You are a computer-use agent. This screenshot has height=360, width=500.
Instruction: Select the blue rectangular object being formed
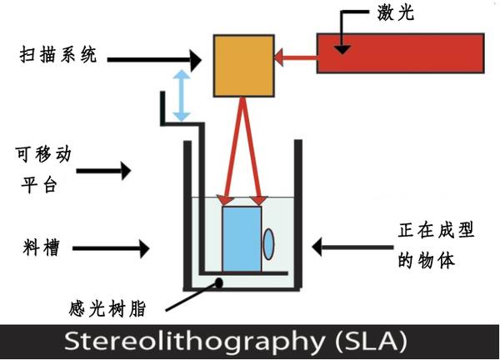pos(241,237)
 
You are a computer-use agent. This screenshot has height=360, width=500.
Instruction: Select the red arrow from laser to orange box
pos(296,57)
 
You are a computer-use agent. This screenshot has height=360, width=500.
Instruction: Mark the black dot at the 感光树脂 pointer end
pos(221,283)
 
